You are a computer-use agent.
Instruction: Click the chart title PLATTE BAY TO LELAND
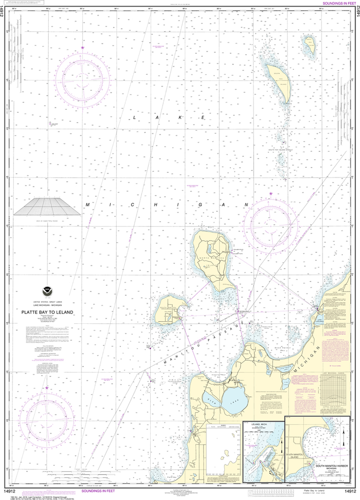tap(47, 312)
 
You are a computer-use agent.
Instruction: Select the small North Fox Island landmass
tap(308, 45)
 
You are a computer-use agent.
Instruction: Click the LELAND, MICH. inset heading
tap(256, 424)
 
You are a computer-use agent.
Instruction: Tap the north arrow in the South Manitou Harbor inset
tap(343, 437)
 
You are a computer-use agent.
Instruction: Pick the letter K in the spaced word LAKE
tap(180, 118)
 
